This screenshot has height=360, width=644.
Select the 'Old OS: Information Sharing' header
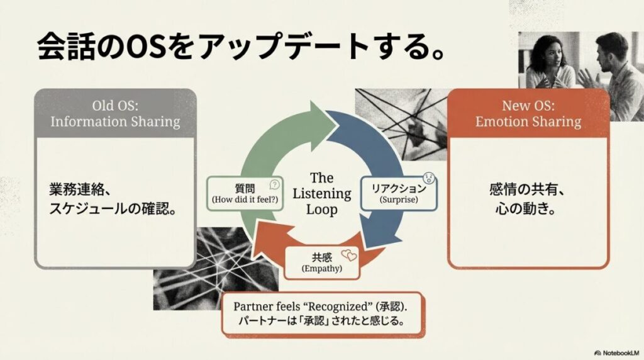click(x=115, y=113)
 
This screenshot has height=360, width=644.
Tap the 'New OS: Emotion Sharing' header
click(x=528, y=113)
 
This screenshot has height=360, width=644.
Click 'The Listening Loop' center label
click(x=321, y=193)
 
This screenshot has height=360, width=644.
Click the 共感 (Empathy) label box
click(x=321, y=262)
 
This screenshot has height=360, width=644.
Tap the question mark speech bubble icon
click(x=274, y=184)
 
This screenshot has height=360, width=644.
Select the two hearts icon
click(x=348, y=256)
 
